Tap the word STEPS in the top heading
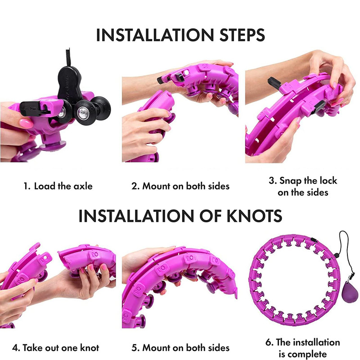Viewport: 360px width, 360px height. click(x=242, y=35)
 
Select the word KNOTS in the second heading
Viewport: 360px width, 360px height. click(x=254, y=216)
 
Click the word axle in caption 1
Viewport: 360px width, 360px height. click(x=83, y=186)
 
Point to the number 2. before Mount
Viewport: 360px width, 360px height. click(x=136, y=186)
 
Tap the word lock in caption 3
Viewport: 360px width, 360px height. click(x=328, y=181)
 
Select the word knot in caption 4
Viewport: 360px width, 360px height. click(x=90, y=348)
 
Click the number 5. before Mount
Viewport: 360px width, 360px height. click(x=136, y=348)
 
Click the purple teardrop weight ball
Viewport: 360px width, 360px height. click(x=350, y=294)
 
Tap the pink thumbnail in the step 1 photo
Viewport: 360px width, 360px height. click(x=26, y=123)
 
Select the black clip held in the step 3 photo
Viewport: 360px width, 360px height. click(x=274, y=84)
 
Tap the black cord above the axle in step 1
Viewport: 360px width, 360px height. click(x=68, y=58)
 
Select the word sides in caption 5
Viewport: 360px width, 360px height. click(x=219, y=348)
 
